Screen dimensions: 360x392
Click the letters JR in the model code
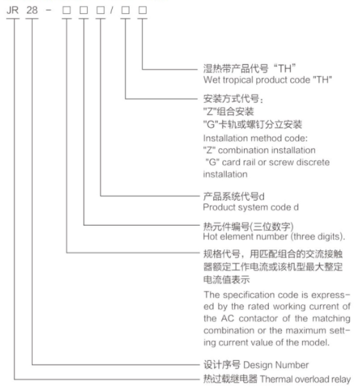pyautogui.click(x=12, y=10)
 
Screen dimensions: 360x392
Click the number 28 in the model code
pyautogui.click(x=32, y=10)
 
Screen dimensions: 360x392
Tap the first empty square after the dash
pyautogui.click(x=66, y=10)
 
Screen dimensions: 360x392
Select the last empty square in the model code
pyautogui.click(x=143, y=10)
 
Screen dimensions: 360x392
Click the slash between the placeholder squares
pyautogui.click(x=111, y=10)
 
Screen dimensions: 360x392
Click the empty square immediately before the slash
pyautogui.click(x=101, y=10)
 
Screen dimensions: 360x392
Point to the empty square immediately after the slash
pyautogui.click(x=126, y=10)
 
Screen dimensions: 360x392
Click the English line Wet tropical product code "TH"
pyautogui.click(x=267, y=80)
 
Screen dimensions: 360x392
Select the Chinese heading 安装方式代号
pyautogui.click(x=231, y=99)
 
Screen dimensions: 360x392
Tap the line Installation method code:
pyautogui.click(x=256, y=138)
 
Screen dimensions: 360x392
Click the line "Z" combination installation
pyautogui.click(x=259, y=150)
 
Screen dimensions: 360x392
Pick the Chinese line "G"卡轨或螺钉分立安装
pyautogui.click(x=253, y=124)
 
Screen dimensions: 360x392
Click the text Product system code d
pyautogui.click(x=251, y=207)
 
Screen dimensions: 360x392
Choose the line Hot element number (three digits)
pyautogui.click(x=274, y=237)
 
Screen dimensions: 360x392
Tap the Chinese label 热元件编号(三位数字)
pyautogui.click(x=248, y=226)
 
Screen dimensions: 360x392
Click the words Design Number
pyautogui.click(x=276, y=365)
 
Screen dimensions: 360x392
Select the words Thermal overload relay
pyautogui.click(x=305, y=380)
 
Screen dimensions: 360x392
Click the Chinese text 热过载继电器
pyautogui.click(x=230, y=379)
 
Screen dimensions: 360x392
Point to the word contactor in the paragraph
pyautogui.click(x=258, y=319)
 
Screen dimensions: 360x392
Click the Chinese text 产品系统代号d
pyautogui.click(x=234, y=197)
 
